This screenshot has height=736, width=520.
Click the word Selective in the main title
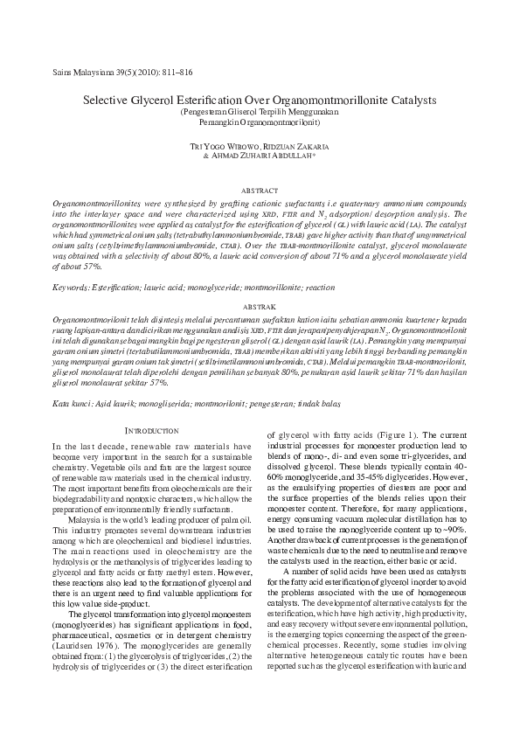110,101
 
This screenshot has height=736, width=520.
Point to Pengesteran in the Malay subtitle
205,114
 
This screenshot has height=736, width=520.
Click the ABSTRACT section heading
260,190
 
